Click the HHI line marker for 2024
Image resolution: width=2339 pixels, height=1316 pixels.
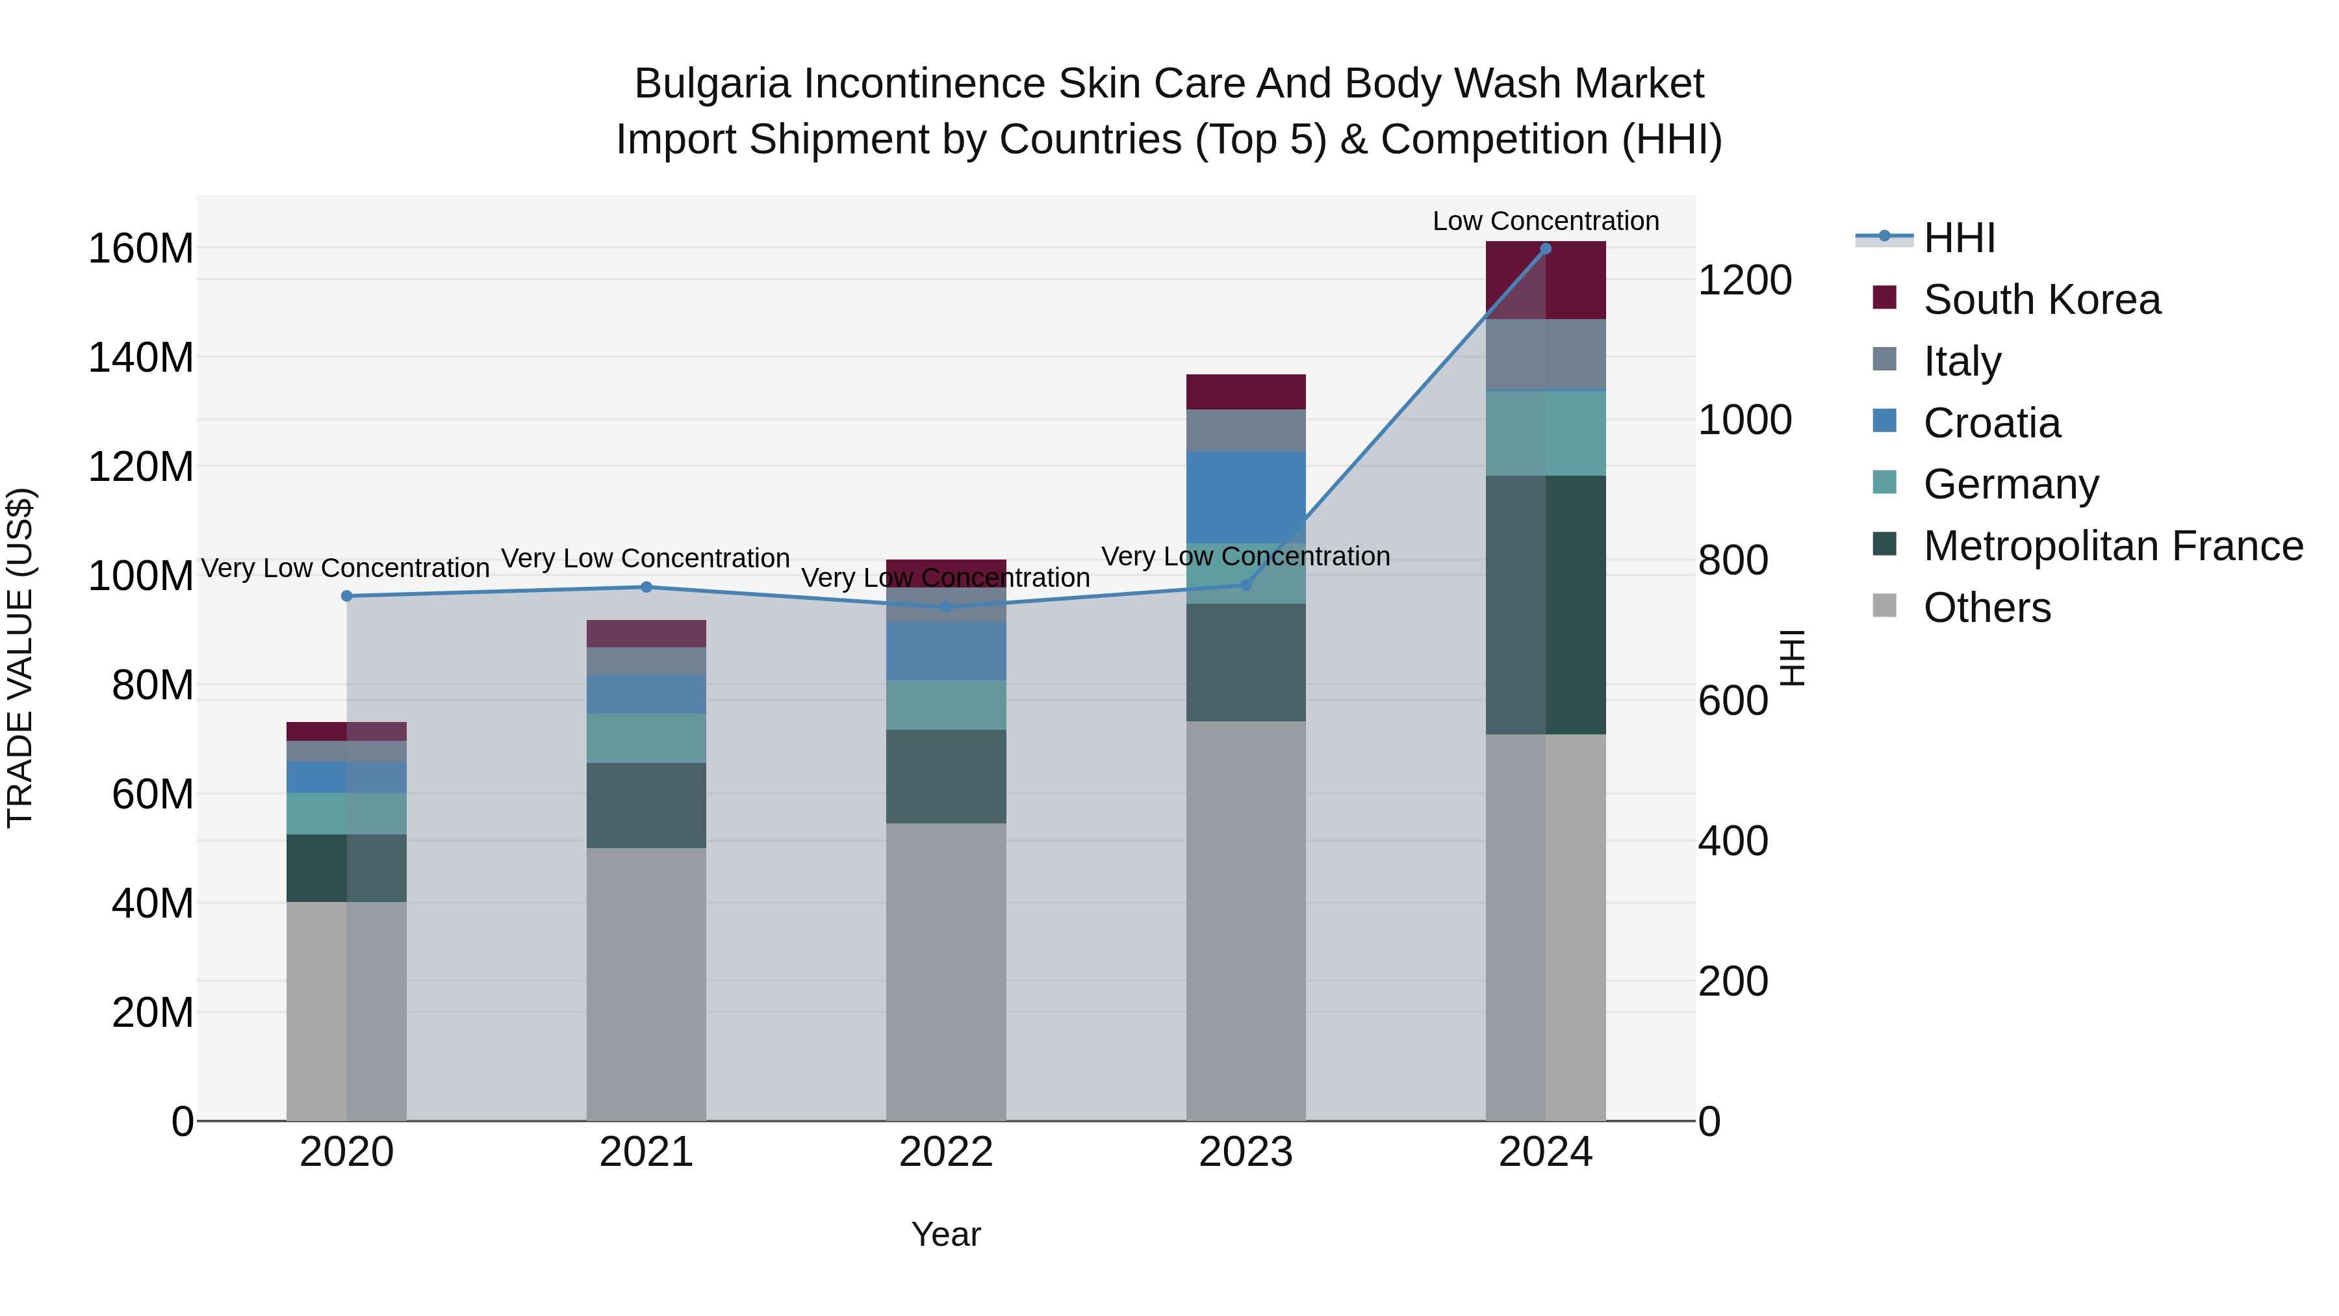[1546, 249]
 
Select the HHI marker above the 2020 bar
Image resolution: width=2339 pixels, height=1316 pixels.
[347, 596]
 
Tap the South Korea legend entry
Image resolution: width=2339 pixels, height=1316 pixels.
[2041, 300]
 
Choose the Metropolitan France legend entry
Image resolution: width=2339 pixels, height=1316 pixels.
[2113, 546]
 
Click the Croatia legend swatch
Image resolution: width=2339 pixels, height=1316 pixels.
[1884, 421]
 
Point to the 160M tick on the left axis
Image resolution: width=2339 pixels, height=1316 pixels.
[141, 249]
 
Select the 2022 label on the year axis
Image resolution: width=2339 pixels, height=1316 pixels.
[945, 1152]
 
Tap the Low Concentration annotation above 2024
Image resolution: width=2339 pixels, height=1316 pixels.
[1546, 221]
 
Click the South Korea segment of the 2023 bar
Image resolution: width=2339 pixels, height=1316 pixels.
[1246, 391]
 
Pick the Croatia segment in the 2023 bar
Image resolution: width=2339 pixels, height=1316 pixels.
[1246, 497]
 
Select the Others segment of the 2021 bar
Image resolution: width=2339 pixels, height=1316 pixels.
[646, 984]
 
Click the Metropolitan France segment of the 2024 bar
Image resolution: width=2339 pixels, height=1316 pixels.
[1546, 604]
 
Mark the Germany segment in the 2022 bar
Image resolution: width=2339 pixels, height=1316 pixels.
[945, 704]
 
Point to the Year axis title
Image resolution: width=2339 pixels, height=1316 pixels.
[945, 1234]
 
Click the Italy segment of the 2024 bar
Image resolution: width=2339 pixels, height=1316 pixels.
[1546, 354]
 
